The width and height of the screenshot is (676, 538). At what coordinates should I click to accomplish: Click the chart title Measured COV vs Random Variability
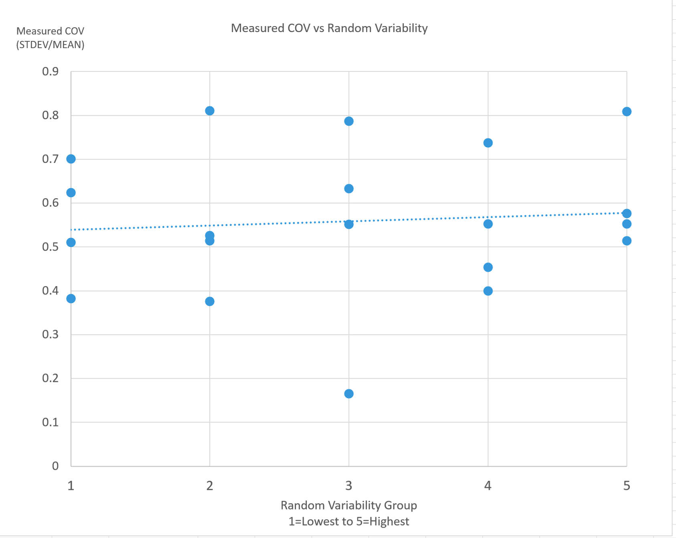(329, 28)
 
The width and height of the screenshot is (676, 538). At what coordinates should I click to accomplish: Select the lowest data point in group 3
(349, 394)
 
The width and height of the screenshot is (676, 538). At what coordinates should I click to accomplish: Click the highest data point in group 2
(210, 111)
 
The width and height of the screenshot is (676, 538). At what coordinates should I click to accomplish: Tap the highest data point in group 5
(627, 112)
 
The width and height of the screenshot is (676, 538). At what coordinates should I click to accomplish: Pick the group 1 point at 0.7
(71, 159)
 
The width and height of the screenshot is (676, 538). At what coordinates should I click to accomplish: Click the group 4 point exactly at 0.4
(488, 291)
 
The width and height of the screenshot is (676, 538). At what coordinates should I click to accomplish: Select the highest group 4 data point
(488, 143)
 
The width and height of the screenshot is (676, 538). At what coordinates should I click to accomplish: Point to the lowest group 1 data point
(71, 298)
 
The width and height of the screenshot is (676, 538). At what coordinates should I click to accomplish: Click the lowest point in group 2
(210, 301)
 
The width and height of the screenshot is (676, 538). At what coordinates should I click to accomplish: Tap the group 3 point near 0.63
(349, 189)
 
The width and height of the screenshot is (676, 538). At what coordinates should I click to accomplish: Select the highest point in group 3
(349, 121)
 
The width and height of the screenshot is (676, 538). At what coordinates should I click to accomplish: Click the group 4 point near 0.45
(488, 267)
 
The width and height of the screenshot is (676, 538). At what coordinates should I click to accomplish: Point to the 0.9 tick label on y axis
(50, 71)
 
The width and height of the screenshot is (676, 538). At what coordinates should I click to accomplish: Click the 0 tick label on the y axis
(55, 466)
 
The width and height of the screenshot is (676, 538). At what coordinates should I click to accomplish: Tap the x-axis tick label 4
(488, 486)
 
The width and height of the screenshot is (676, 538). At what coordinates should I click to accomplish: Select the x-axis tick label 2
(210, 486)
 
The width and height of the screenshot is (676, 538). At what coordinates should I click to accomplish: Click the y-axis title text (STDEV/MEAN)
(50, 45)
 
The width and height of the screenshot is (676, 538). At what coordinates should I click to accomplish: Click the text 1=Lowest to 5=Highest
(349, 521)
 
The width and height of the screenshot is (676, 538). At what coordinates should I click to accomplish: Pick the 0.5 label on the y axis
(50, 247)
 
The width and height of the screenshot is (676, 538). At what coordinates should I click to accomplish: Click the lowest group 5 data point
(627, 241)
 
